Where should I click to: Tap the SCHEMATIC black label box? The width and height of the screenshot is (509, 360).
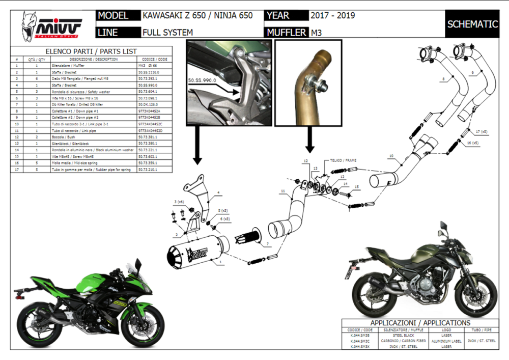pyautogui.click(x=472, y=24)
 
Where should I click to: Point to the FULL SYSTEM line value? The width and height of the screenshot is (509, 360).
pyautogui.click(x=167, y=33)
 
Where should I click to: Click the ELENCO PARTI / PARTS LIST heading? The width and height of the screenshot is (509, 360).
pyautogui.click(x=92, y=51)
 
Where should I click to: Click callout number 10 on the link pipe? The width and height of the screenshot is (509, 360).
pyautogui.click(x=391, y=155)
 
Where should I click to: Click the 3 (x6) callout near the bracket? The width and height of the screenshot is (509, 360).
pyautogui.click(x=178, y=202)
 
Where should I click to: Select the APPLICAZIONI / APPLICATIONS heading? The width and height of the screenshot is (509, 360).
pyautogui.click(x=420, y=323)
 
